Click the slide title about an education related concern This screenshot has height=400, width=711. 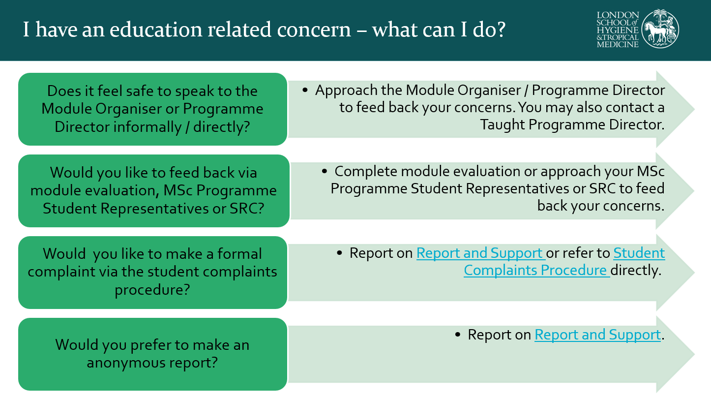(x=264, y=29)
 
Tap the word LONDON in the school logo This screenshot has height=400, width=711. (x=618, y=15)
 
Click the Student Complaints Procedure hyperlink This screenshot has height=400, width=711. (x=564, y=261)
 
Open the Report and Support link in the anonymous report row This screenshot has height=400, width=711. (x=598, y=335)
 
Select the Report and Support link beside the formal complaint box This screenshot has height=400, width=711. (x=481, y=253)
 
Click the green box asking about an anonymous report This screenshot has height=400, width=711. (x=153, y=354)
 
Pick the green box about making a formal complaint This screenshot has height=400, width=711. (x=153, y=272)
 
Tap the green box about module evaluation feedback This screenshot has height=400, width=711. (x=154, y=190)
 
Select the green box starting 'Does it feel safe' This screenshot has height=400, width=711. (x=153, y=109)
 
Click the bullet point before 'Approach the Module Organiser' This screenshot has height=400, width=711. (x=305, y=90)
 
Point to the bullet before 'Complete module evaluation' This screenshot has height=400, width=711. (x=324, y=172)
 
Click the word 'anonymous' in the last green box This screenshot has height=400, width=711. (x=126, y=363)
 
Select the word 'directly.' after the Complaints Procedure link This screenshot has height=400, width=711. (x=636, y=271)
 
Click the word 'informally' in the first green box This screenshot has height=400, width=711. (x=148, y=127)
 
